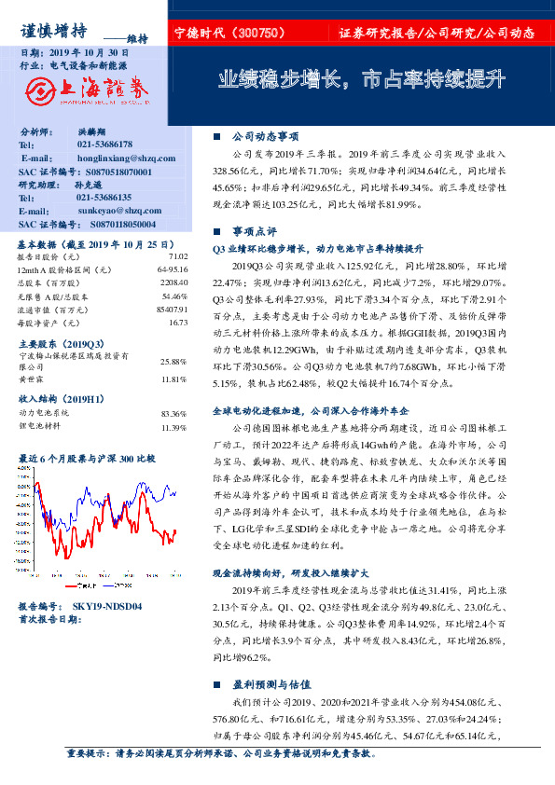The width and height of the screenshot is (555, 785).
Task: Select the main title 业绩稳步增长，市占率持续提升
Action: tap(362, 78)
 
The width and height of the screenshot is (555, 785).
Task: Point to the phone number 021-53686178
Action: tap(104, 145)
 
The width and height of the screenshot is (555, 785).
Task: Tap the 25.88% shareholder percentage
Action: tap(173, 361)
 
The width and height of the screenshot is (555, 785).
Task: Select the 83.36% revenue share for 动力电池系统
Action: tap(173, 412)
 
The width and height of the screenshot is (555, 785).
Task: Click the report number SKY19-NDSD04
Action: tap(107, 606)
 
